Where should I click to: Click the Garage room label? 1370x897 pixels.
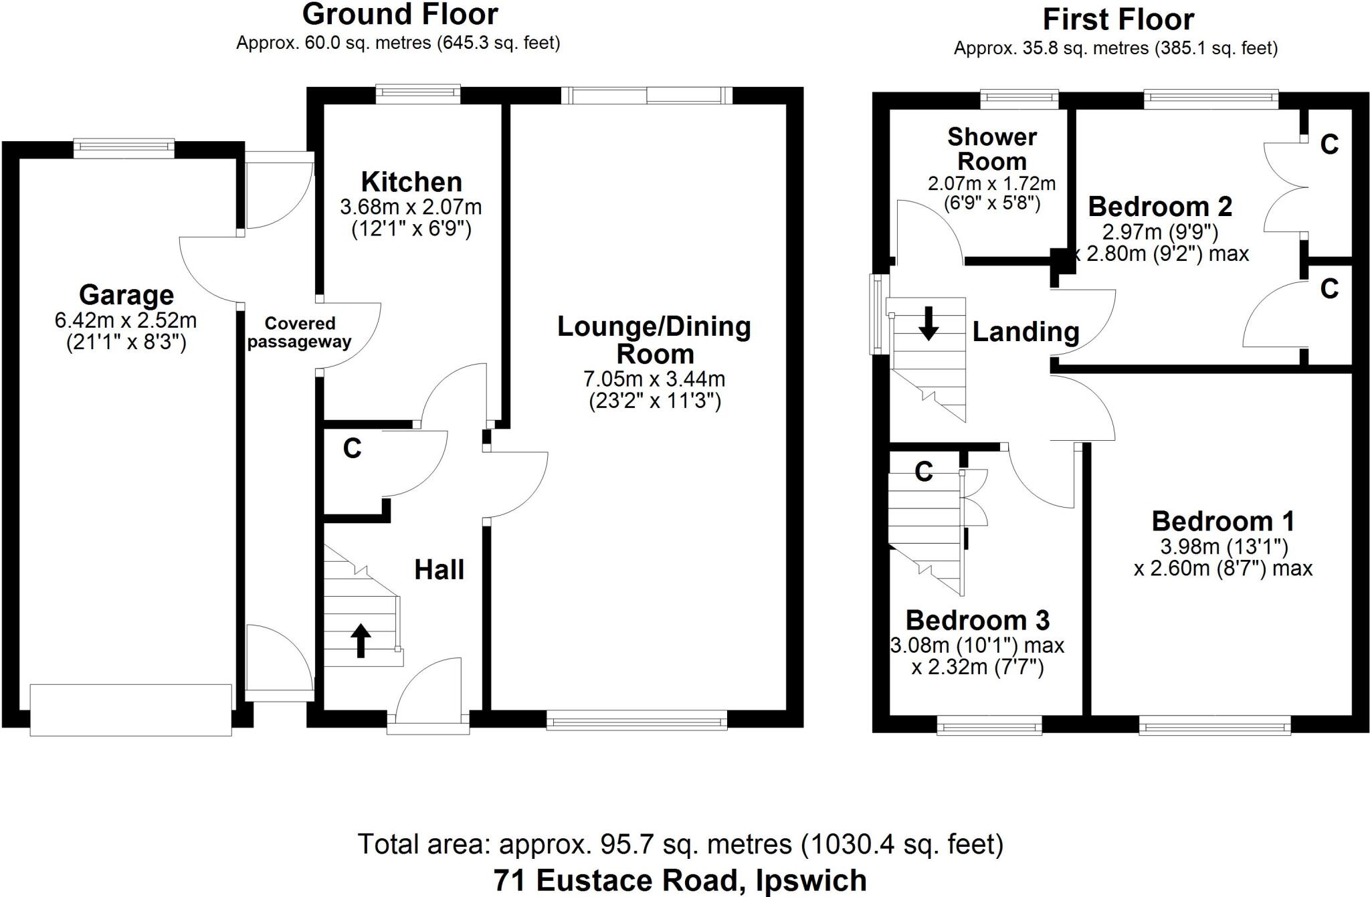click(x=126, y=295)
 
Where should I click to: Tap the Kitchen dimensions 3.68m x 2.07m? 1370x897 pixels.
click(x=411, y=207)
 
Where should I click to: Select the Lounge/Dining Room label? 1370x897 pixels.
click(x=654, y=340)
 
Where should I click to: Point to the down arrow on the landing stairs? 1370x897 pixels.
click(x=928, y=323)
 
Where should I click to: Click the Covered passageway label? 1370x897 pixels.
click(x=299, y=332)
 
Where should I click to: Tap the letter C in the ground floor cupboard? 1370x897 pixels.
click(x=353, y=449)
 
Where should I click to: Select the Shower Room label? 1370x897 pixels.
click(x=991, y=149)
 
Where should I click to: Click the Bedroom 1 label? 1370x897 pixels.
click(x=1223, y=521)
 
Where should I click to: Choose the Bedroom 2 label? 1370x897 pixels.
click(x=1160, y=207)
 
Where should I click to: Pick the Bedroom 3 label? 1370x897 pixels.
click(x=977, y=621)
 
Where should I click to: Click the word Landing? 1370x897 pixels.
click(x=1025, y=332)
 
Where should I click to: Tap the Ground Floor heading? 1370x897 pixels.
click(x=400, y=15)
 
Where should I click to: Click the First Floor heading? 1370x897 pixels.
click(x=1118, y=19)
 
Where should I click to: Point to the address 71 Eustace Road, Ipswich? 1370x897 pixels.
click(x=680, y=880)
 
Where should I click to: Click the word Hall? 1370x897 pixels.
click(x=439, y=570)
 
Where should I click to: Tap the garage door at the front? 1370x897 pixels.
click(x=131, y=710)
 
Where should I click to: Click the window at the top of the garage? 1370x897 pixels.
click(x=124, y=148)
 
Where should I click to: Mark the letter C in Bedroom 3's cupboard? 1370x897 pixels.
click(x=924, y=472)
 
